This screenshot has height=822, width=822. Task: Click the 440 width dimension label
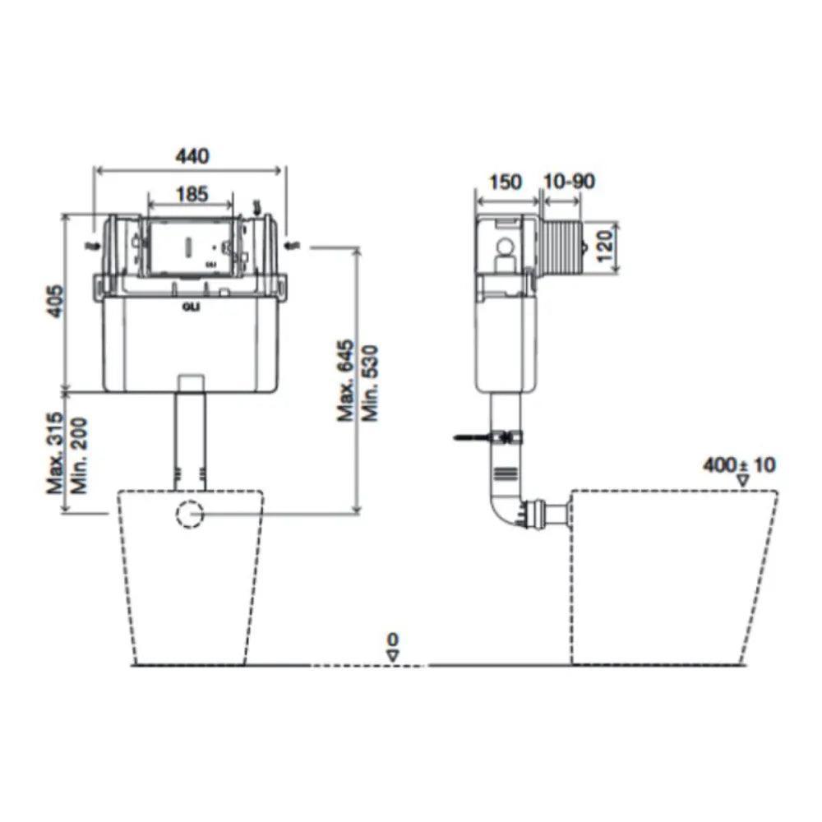coord(192,156)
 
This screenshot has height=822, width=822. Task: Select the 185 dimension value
coord(192,194)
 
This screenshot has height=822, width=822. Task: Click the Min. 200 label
coord(79,455)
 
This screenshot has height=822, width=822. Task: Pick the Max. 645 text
coord(345,381)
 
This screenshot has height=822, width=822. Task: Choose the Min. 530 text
coord(370,383)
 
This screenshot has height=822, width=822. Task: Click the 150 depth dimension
coord(506,182)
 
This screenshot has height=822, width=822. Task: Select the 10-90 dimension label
coord(569,182)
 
